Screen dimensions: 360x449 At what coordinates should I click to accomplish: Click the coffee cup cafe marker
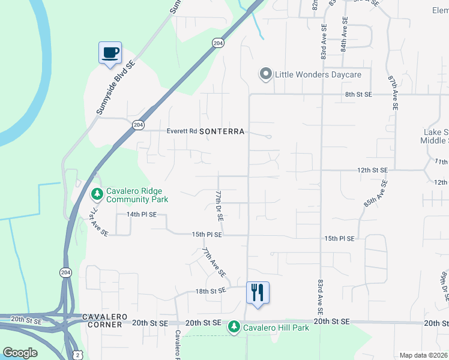[x=110, y=53]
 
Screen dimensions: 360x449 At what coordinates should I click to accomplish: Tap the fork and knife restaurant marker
[x=258, y=293]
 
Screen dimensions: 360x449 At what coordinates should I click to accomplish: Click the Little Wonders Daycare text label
[x=318, y=74]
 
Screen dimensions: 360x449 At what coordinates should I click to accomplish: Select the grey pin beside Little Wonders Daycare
[x=265, y=74]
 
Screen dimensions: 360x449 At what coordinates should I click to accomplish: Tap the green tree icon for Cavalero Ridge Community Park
[x=97, y=194]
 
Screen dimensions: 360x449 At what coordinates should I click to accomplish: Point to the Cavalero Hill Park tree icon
[x=234, y=327]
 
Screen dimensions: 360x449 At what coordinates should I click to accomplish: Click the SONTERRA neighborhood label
[x=222, y=131]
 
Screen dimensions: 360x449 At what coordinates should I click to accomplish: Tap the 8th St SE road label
[x=358, y=94]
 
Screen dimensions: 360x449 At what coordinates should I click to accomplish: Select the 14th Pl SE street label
[x=141, y=214]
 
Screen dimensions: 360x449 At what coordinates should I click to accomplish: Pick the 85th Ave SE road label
[x=375, y=194]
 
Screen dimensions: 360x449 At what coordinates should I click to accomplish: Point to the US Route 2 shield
[x=77, y=355]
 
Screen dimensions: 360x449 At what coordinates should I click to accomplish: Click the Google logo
[x=20, y=353]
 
